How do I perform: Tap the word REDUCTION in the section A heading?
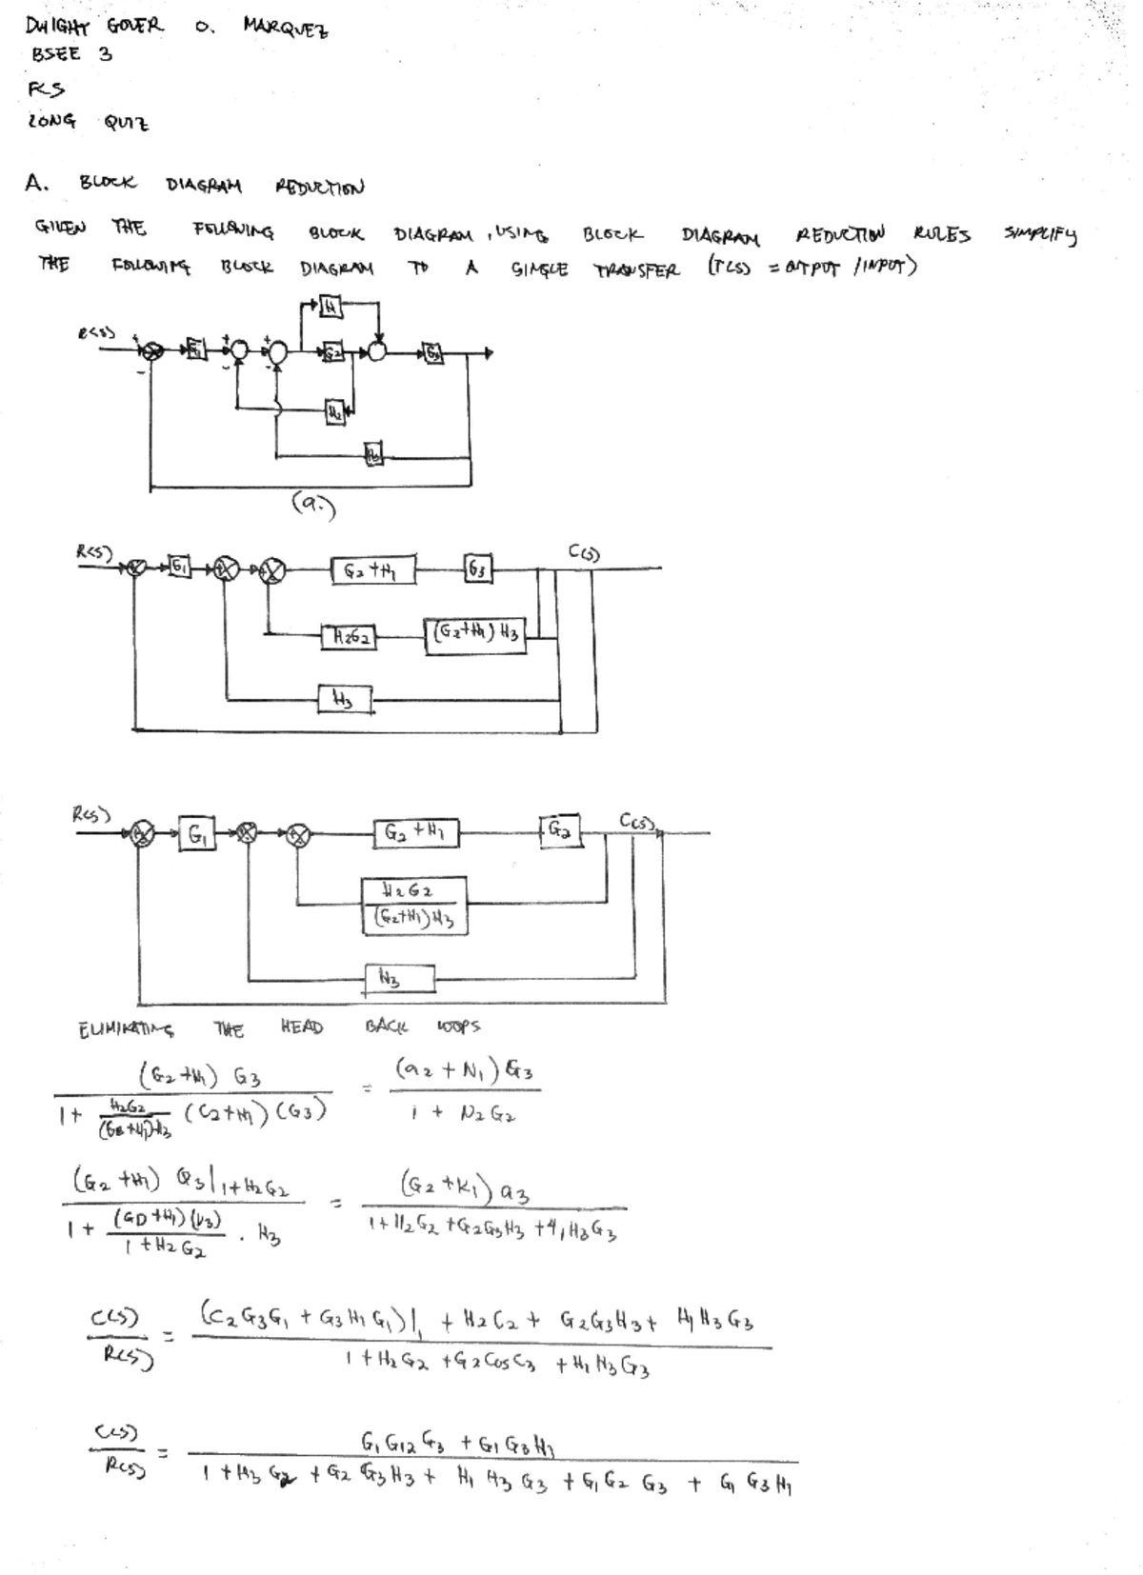319,187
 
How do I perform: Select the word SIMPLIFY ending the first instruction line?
1039,235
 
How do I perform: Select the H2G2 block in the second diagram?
349,635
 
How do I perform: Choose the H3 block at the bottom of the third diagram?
400,978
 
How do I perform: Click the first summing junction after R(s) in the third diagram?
143,835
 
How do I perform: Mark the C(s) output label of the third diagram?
637,820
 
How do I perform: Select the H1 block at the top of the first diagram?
329,308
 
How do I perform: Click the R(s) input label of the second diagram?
94,551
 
